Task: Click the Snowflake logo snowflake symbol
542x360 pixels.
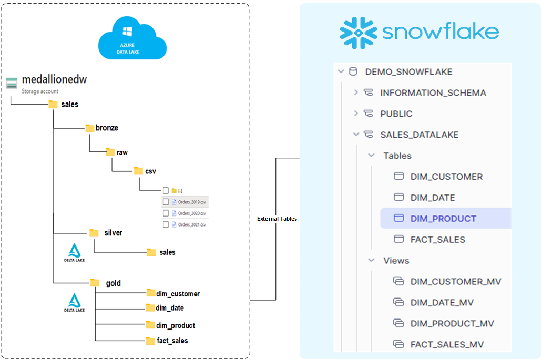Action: (358, 33)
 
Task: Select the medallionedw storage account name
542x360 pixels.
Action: (54, 80)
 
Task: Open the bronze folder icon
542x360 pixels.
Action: (90, 128)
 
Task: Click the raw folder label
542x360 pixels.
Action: (122, 152)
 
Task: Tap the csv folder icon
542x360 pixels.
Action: (138, 171)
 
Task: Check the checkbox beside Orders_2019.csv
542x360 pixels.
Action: (166, 201)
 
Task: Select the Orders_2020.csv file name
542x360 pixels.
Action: (191, 213)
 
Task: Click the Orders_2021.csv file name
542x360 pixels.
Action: (191, 224)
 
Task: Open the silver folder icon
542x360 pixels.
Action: (94, 233)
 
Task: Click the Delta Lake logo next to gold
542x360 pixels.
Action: (74, 303)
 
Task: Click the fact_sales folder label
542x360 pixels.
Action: (172, 341)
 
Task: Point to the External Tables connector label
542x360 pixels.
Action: (277, 219)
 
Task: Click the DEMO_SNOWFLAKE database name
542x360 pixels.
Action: (408, 72)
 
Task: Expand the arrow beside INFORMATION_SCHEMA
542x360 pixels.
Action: (356, 92)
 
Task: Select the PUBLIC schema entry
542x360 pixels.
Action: (396, 114)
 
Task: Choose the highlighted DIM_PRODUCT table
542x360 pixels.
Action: (443, 219)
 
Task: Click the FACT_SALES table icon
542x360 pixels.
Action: (398, 239)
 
